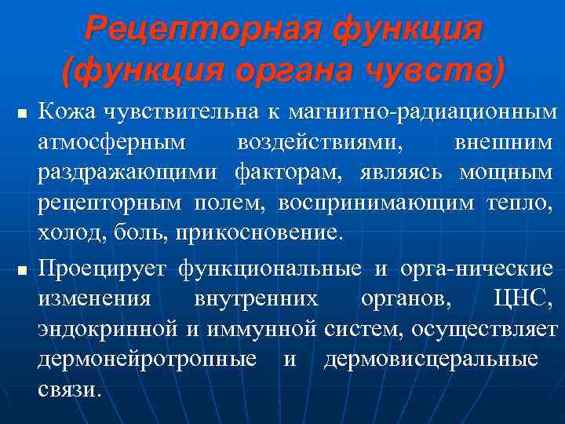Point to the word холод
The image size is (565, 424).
tap(64, 232)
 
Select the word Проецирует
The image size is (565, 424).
tap(102, 269)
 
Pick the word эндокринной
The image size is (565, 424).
tap(108, 329)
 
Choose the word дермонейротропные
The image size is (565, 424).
tap(147, 359)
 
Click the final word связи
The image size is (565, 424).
tap(69, 389)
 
